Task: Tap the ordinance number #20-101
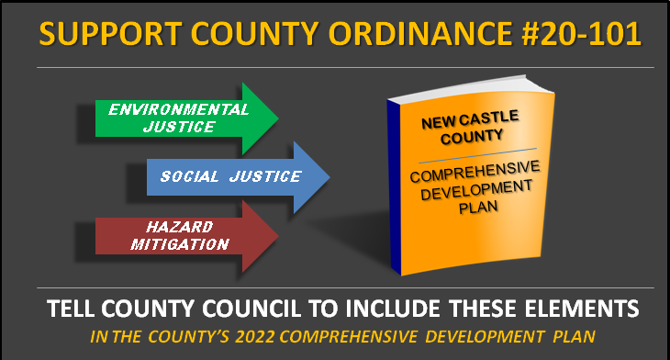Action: click(x=581, y=33)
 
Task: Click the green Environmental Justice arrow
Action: click(x=186, y=118)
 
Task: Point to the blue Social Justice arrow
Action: click(x=238, y=177)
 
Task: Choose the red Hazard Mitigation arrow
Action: click(x=186, y=236)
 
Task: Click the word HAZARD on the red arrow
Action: click(x=180, y=227)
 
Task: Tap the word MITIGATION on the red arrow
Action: click(x=180, y=244)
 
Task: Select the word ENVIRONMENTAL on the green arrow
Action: click(x=179, y=109)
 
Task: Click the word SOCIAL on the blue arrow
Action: click(x=189, y=176)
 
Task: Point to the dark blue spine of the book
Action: click(x=394, y=187)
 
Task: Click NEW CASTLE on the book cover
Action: click(x=470, y=119)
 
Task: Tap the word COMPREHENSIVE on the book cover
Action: click(x=475, y=172)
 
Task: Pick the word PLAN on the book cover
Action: click(x=478, y=208)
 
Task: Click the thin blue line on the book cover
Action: click(x=477, y=155)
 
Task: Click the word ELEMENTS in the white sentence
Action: click(x=582, y=309)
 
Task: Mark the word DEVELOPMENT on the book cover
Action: click(x=476, y=190)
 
